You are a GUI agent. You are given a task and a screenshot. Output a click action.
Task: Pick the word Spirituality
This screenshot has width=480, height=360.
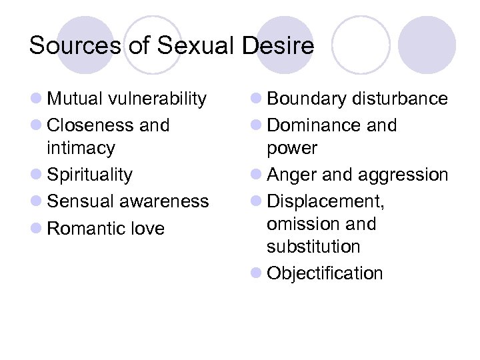point(89,175)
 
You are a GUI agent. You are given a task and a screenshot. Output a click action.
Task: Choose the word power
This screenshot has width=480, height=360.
point(292,148)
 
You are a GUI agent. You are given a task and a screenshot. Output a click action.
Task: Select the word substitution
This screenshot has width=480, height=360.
point(313,247)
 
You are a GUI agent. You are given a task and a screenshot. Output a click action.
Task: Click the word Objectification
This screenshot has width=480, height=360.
point(325,273)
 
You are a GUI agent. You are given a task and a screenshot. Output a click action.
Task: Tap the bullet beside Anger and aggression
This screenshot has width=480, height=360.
point(257,175)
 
